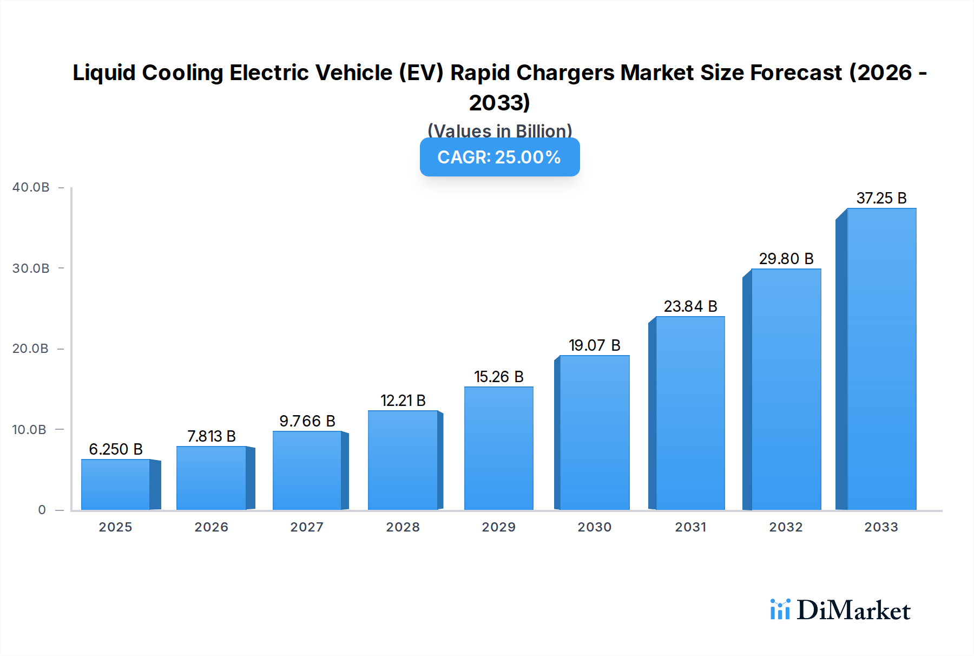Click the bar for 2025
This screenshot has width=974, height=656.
click(115, 484)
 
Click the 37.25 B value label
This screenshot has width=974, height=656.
click(881, 198)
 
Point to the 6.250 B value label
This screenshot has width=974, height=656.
click(115, 449)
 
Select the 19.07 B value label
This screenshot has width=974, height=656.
click(594, 345)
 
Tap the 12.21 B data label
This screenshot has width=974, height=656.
click(403, 401)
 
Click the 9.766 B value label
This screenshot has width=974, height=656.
click(307, 421)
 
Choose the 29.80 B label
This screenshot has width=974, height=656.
click(786, 259)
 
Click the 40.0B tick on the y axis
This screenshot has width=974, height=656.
click(31, 187)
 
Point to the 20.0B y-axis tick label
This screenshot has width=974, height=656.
click(31, 349)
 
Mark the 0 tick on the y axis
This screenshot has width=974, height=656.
click(42, 510)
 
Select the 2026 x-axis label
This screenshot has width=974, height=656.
click(211, 527)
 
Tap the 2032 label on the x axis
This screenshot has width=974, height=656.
click(786, 527)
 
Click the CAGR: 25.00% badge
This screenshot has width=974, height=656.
click(499, 157)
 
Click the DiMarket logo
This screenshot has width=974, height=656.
click(840, 610)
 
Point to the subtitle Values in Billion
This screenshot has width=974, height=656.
click(499, 131)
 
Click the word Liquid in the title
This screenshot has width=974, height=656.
click(103, 73)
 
